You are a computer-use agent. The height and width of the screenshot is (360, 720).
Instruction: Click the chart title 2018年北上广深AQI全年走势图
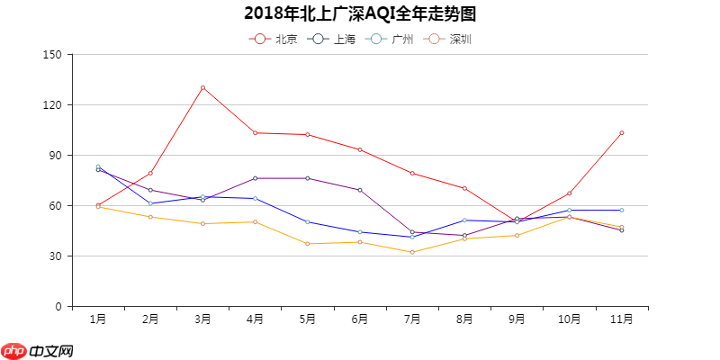359,13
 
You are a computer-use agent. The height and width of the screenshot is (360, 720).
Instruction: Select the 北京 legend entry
274,39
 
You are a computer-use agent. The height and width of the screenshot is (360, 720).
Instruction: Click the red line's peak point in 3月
202,87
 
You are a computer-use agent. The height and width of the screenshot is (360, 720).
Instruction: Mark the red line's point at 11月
621,133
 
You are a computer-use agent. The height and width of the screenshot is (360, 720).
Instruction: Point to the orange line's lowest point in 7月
412,252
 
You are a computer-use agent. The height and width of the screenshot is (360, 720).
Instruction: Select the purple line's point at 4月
255,178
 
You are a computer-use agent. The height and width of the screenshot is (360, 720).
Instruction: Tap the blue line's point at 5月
307,221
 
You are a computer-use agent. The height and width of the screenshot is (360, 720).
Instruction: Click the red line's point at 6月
359,149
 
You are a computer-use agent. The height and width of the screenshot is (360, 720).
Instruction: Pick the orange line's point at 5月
307,244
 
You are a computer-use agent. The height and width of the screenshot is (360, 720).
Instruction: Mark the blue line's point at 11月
621,210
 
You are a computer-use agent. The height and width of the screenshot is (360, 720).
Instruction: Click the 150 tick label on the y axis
52,54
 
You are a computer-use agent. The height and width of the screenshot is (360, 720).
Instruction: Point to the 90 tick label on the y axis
55,155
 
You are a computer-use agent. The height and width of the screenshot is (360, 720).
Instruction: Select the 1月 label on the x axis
98,319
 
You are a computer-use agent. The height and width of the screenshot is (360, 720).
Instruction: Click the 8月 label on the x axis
464,319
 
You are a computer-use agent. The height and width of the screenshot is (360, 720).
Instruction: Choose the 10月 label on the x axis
569,319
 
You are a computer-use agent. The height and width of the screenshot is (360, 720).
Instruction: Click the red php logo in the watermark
13,350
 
